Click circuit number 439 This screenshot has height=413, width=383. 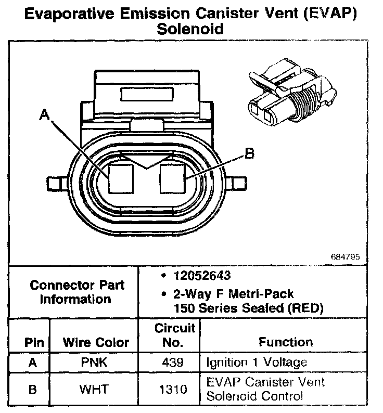point(169,363)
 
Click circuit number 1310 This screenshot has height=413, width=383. point(169,389)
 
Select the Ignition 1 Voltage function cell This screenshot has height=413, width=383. point(257,363)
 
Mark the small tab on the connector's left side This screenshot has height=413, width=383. point(54,184)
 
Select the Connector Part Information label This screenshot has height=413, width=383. point(76,292)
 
